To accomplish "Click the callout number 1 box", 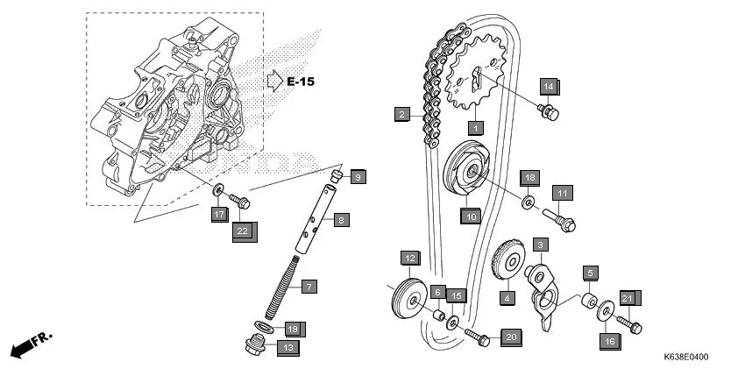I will tap(475, 128).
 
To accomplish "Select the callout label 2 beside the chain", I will tap(401, 114).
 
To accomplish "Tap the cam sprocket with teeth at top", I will tap(477, 78).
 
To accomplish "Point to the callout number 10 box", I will tap(471, 216).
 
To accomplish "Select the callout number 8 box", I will tap(341, 219).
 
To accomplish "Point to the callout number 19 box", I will tap(293, 329).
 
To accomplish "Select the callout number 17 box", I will tap(219, 214).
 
